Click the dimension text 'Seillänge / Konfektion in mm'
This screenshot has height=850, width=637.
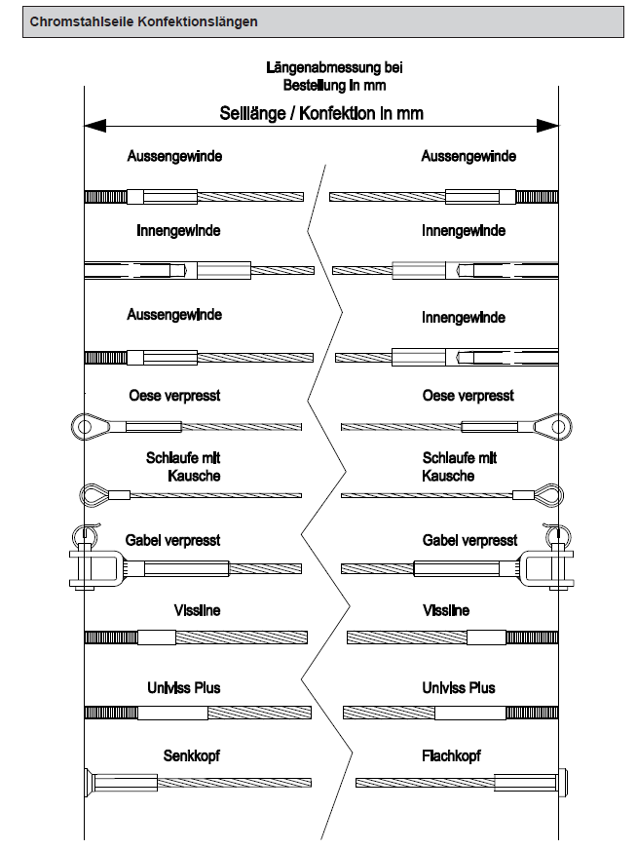321,113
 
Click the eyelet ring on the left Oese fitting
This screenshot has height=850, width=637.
82,425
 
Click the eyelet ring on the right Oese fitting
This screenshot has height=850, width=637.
560,425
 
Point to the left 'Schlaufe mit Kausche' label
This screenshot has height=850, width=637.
174,467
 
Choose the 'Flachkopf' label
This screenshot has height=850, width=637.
452,755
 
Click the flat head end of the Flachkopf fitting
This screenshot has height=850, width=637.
562,782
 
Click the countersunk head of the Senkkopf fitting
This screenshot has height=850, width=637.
91,782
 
